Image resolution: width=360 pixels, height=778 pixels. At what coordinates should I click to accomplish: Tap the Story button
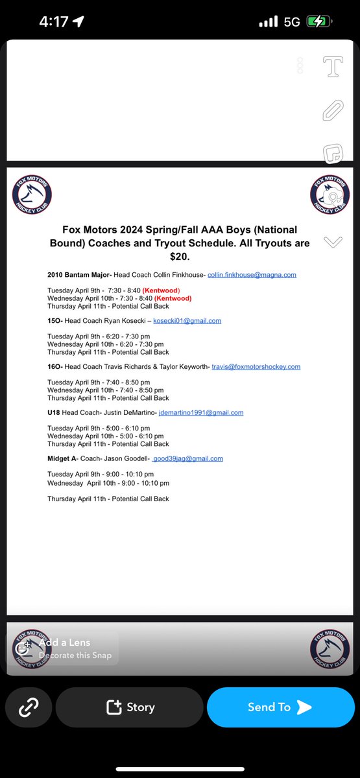pos(130,707)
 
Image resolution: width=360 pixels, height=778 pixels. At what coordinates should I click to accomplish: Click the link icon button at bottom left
pos(28,707)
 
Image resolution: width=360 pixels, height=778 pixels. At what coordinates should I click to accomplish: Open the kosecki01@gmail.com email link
pos(187,321)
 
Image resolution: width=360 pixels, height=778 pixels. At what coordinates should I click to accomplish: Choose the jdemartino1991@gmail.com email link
pos(201,412)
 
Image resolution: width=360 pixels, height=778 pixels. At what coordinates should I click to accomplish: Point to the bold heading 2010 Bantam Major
pos(79,275)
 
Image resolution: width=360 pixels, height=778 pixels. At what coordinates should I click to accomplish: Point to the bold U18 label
pos(54,412)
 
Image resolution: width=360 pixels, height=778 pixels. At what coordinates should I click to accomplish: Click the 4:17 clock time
pos(53,21)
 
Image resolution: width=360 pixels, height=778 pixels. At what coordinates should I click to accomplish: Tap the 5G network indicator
pos(291,21)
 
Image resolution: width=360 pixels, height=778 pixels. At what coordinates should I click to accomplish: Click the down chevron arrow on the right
pos(332,242)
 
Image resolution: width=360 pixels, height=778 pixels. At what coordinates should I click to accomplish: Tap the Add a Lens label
pos(65,642)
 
